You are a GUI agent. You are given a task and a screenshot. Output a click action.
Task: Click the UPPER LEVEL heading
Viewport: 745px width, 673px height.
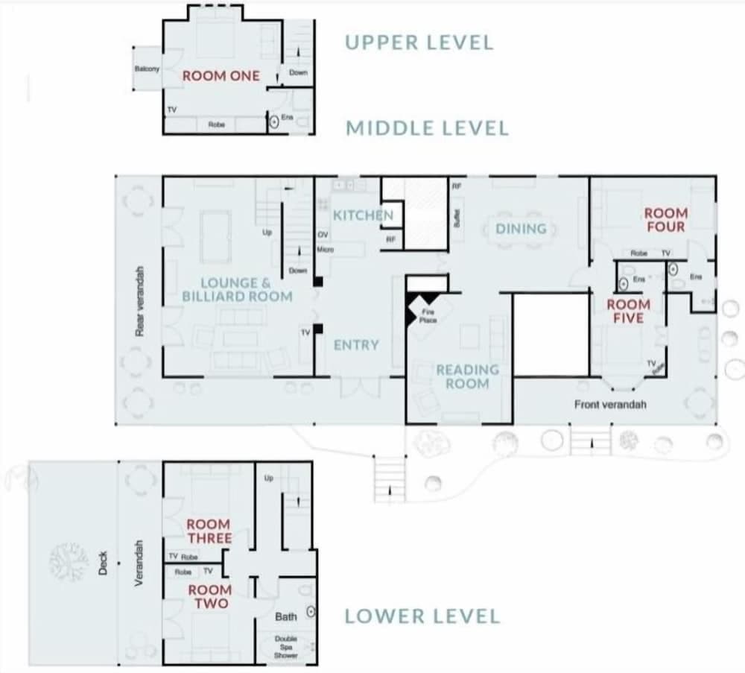(x=419, y=42)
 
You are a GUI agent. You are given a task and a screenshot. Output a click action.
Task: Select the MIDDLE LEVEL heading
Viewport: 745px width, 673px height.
(x=427, y=128)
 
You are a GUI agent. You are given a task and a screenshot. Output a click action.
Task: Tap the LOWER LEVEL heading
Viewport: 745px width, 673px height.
(x=422, y=616)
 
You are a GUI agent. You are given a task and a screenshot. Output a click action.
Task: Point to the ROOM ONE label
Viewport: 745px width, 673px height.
(x=221, y=76)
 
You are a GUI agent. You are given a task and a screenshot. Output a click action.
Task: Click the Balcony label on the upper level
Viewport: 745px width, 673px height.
(x=147, y=69)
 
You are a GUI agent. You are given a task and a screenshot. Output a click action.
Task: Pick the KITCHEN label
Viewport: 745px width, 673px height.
(x=363, y=215)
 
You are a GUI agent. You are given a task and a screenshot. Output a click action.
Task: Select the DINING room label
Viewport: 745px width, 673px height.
(x=521, y=229)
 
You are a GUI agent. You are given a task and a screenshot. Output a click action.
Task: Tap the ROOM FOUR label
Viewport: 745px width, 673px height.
(x=665, y=220)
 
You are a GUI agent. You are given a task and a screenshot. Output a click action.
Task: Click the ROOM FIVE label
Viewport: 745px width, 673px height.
(x=628, y=311)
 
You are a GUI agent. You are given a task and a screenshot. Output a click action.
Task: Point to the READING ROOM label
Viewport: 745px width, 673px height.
(x=467, y=376)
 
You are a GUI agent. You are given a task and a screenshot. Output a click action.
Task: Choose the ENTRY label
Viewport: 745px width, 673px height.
(x=356, y=345)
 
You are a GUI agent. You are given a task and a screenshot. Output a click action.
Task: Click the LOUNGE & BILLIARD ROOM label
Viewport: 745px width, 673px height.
(x=237, y=290)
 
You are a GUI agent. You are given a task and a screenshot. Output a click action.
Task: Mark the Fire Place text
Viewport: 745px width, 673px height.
(x=428, y=315)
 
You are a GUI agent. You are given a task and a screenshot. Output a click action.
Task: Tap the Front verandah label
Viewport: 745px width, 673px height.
(x=610, y=404)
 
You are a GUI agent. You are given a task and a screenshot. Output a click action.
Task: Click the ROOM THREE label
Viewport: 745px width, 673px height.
(x=209, y=531)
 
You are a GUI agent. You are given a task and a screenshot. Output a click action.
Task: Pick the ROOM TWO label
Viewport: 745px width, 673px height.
(x=209, y=596)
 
